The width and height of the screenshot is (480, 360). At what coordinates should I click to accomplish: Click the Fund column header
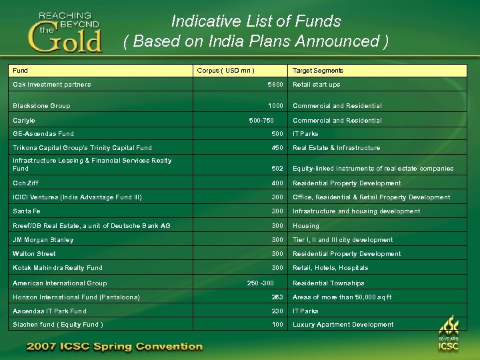point(20,71)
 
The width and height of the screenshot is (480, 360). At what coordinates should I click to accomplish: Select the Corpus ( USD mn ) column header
point(225,71)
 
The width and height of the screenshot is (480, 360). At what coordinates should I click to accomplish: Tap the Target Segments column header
point(318,71)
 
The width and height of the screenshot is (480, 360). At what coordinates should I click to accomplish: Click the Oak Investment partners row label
point(52,85)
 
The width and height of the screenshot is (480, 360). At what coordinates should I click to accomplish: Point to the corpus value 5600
point(275,85)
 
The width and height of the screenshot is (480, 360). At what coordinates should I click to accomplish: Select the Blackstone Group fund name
point(41,106)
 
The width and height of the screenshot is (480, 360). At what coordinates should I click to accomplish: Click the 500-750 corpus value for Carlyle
point(261,121)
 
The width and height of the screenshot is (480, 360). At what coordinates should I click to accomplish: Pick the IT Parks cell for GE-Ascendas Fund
point(306,134)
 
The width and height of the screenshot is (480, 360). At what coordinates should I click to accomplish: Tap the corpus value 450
point(277,148)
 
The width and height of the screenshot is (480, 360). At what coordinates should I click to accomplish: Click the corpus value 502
point(277,169)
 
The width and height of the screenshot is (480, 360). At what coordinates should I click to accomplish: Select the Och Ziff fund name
point(25,183)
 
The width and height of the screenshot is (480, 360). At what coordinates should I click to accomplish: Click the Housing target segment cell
point(306,226)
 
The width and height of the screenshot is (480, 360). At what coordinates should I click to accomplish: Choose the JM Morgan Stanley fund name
point(43,240)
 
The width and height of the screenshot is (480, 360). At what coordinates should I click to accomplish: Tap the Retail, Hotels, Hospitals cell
point(330,268)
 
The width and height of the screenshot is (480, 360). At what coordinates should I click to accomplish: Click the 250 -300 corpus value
point(260,283)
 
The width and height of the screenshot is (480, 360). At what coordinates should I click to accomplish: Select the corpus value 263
point(277,297)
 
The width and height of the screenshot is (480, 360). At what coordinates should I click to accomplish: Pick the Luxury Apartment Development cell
point(343,325)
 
